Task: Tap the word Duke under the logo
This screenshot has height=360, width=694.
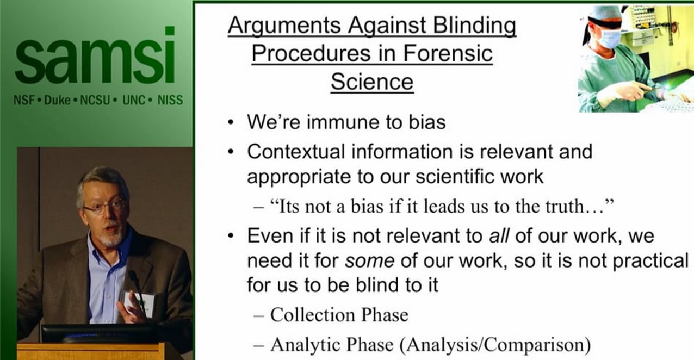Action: click(x=57, y=101)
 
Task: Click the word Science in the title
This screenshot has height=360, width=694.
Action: click(x=372, y=82)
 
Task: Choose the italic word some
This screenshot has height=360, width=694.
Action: click(x=369, y=261)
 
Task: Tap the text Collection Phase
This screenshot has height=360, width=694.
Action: click(x=339, y=314)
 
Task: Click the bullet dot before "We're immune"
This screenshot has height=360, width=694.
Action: click(x=232, y=122)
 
